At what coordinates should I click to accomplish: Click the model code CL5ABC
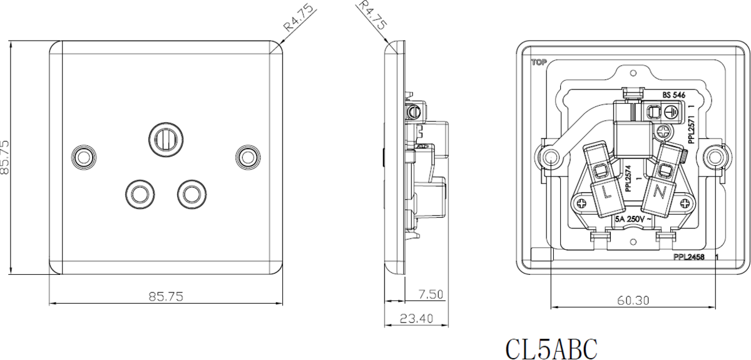coord(551,349)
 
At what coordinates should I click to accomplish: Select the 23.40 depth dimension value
coord(416,319)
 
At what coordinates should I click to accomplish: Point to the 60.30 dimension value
coord(633,300)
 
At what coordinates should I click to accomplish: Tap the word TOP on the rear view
coord(538,62)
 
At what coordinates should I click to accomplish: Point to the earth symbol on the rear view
coord(671,113)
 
